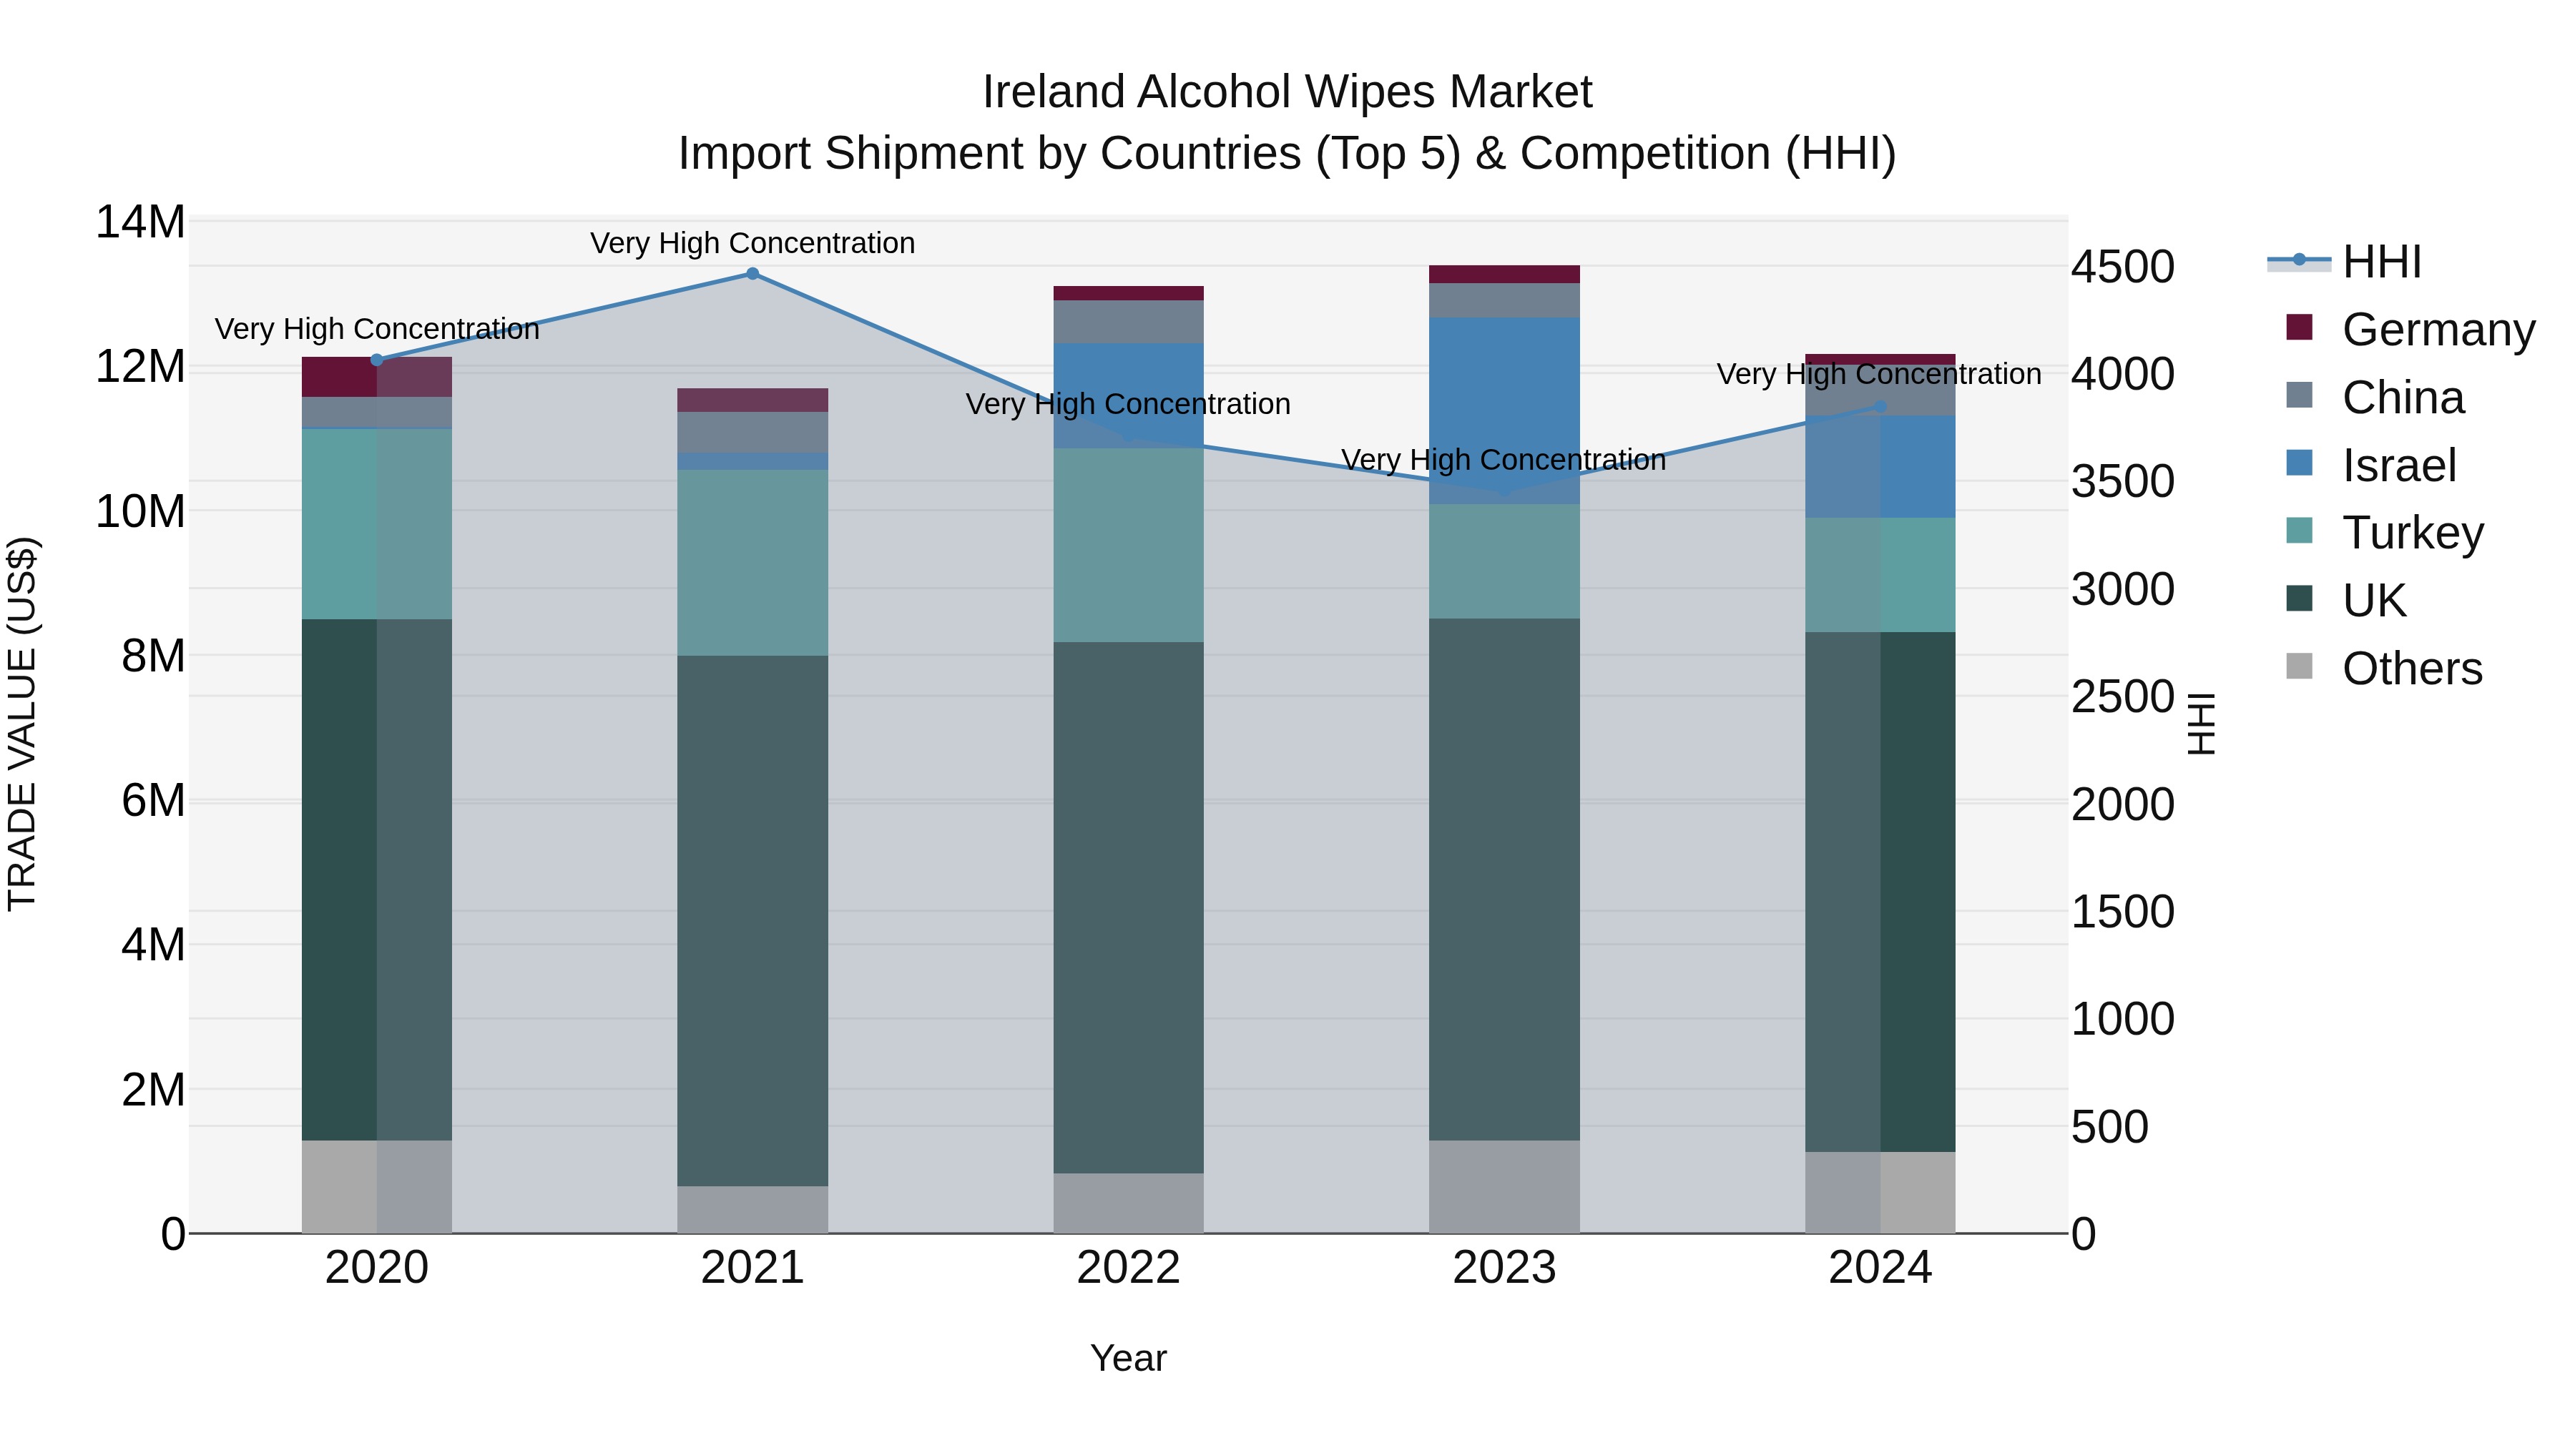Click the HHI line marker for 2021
pyautogui.click(x=752, y=274)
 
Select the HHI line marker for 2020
pyautogui.click(x=377, y=360)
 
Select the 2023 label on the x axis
pyautogui.click(x=1504, y=1267)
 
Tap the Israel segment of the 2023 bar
pyautogui.click(x=1504, y=410)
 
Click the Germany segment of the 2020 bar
pyautogui.click(x=377, y=377)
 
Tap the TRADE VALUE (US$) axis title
pyautogui.click(x=22, y=724)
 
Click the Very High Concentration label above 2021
pyautogui.click(x=752, y=243)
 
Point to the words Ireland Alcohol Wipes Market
pyautogui.click(x=1287, y=92)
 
